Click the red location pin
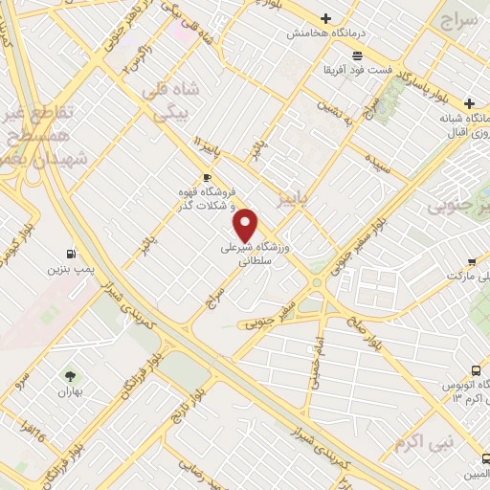pyautogui.click(x=247, y=224)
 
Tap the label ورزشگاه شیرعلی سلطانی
pyautogui.click(x=256, y=252)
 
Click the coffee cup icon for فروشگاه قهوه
pyautogui.click(x=207, y=178)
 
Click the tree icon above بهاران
pyautogui.click(x=69, y=376)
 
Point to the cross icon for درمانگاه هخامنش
pyautogui.click(x=326, y=18)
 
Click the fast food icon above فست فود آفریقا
pyautogui.click(x=357, y=56)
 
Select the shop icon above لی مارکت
pyautogui.click(x=471, y=261)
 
